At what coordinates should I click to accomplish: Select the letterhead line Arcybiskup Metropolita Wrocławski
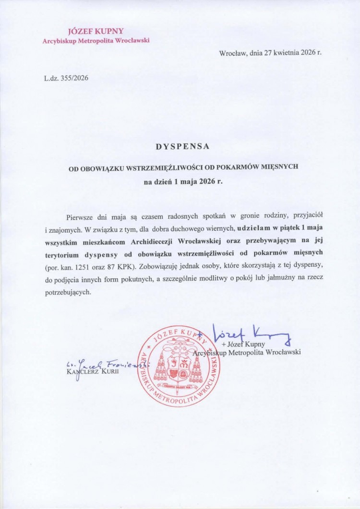96,41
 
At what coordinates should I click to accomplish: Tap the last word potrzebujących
67,292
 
